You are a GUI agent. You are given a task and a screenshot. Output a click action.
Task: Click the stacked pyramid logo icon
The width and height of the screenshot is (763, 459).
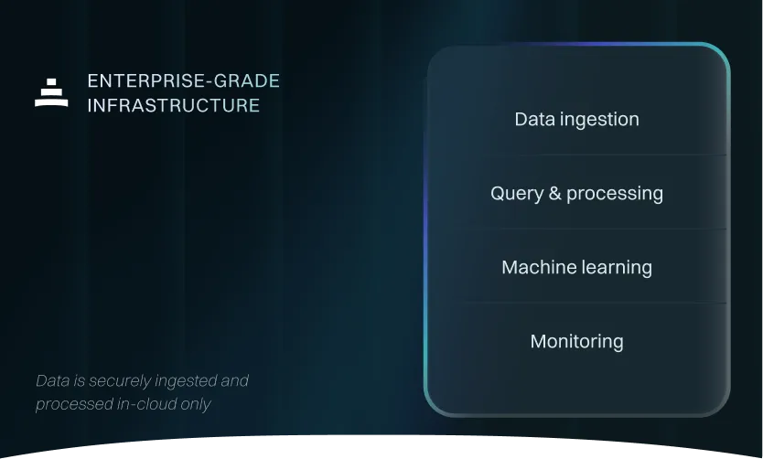tap(51, 92)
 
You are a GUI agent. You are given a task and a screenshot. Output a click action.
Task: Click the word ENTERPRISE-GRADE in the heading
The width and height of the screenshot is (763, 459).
tap(183, 81)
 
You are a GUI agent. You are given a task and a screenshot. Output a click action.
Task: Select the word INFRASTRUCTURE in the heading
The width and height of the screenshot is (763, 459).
tap(174, 105)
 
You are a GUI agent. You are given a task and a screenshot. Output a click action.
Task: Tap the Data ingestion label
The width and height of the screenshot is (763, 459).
tap(576, 119)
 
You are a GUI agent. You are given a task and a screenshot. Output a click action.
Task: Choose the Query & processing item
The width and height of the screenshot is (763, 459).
tap(576, 193)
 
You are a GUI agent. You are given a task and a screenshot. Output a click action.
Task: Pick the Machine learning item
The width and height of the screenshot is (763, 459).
tap(576, 267)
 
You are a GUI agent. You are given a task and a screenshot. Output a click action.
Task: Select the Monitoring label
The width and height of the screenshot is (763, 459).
tap(576, 341)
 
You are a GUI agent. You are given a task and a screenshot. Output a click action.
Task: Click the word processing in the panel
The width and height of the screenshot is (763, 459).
tap(615, 194)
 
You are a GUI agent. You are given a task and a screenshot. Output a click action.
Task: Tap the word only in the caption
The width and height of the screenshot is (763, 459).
tap(196, 404)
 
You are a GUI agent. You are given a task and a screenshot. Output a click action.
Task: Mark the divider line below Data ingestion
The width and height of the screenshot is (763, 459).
tap(586, 155)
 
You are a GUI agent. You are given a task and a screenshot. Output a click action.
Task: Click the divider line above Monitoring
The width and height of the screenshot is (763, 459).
tap(586, 303)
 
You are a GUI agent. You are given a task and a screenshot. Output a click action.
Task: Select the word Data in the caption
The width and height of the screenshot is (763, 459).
tap(51, 380)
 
